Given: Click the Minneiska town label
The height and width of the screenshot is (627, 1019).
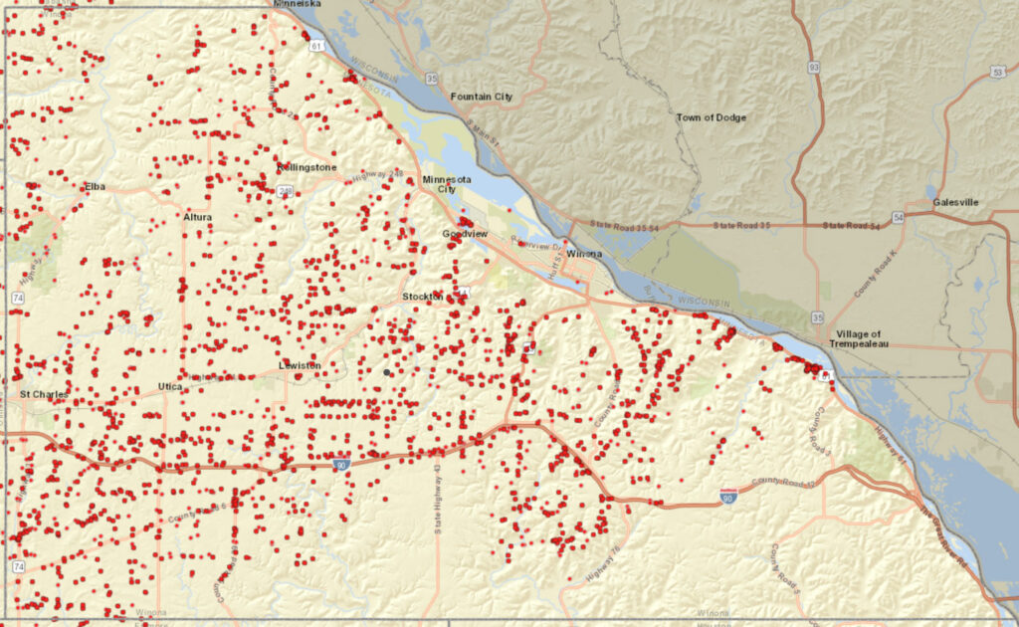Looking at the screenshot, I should (x=298, y=4).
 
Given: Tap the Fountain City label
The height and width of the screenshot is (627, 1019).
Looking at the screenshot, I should (x=482, y=97).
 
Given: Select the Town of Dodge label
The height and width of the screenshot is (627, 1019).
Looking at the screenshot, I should (x=712, y=117).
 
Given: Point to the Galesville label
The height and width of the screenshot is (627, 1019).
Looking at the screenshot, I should (x=955, y=202).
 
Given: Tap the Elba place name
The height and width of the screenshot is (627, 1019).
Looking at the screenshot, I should (x=96, y=186).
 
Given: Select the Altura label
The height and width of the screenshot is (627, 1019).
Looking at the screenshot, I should (x=197, y=216).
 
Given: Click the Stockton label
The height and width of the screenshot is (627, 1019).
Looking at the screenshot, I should (x=421, y=297).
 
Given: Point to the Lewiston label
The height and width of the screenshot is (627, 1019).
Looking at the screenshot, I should (x=300, y=365).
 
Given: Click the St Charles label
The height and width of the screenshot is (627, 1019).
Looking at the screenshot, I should (x=44, y=394).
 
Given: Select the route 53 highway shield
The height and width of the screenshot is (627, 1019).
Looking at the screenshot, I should (x=997, y=73).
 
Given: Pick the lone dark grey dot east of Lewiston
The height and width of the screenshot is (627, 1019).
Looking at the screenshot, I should (x=386, y=372).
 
